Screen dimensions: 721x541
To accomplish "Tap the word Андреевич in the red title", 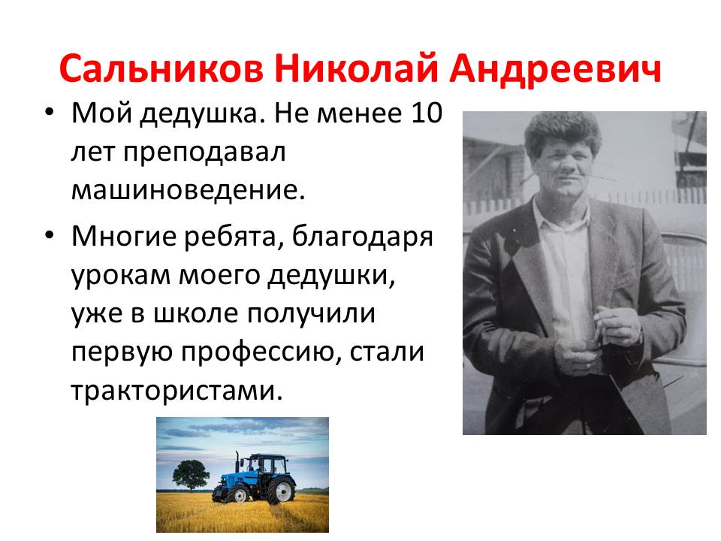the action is tap(556, 69).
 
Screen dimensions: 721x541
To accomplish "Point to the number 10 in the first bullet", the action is tap(427, 113).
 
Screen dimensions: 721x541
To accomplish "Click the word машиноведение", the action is tap(188, 190).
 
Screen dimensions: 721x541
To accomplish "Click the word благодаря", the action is tap(363, 237).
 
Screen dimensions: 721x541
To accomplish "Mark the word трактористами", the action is tap(176, 391).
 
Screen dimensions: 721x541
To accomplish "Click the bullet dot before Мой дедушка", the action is tap(50, 113).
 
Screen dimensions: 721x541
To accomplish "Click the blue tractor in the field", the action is tap(254, 479).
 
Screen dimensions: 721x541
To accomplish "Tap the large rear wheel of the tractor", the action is tap(282, 491).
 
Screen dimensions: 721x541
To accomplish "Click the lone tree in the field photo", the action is tap(190, 475).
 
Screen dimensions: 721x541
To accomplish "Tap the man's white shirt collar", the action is tap(560, 216).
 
